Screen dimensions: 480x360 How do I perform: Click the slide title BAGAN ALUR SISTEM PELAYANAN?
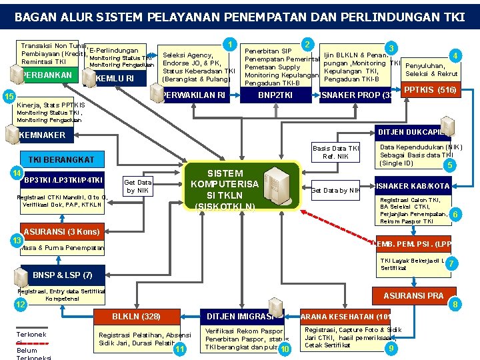coord(239,15)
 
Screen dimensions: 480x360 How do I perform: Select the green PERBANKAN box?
coord(47,75)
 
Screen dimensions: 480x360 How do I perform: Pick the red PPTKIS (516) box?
coord(430,89)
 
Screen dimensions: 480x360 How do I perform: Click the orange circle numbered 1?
coord(230,45)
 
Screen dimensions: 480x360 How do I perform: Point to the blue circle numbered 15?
coord(9,97)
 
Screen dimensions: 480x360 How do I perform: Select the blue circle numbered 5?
coord(451,165)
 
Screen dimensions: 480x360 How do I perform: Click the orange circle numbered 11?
coord(179,349)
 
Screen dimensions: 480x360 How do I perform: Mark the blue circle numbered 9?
coord(392,349)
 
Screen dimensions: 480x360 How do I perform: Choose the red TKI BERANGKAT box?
coord(61,159)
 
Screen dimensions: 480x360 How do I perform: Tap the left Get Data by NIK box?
coord(138,186)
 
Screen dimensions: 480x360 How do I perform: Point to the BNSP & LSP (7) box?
coord(57,275)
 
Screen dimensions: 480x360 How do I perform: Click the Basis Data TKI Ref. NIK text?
coord(336,152)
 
